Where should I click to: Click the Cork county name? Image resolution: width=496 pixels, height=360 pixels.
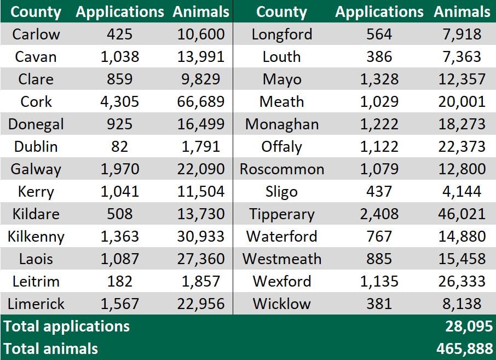(36, 101)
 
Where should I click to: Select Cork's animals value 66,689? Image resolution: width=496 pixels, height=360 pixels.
(200, 101)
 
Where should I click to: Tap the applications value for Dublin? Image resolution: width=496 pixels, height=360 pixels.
(119, 146)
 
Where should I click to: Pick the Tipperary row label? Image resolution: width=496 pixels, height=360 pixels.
(281, 214)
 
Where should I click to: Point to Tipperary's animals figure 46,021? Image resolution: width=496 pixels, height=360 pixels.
(462, 214)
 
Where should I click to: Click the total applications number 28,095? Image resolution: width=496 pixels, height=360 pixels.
(469, 327)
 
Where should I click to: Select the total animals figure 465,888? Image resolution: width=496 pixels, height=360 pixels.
(465, 348)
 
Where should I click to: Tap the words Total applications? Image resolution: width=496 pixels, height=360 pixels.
(66, 327)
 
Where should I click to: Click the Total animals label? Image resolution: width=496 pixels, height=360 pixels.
(50, 348)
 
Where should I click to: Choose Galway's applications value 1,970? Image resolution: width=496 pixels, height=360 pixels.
(119, 169)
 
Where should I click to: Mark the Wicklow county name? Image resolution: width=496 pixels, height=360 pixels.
(281, 304)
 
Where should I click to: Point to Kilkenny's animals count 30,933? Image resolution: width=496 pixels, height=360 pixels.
(200, 236)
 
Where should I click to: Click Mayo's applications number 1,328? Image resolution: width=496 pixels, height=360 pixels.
(379, 79)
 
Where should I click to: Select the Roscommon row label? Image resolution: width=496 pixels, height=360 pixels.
(281, 169)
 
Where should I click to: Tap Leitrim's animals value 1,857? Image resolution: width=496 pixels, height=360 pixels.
(200, 281)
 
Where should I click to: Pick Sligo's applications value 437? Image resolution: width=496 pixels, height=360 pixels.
(379, 191)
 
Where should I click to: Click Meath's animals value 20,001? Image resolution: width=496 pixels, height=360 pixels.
(462, 101)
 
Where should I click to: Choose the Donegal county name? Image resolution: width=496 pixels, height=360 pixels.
(36, 124)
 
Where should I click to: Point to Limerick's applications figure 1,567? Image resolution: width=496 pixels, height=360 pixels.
(119, 304)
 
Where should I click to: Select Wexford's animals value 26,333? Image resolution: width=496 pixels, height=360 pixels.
(462, 281)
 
